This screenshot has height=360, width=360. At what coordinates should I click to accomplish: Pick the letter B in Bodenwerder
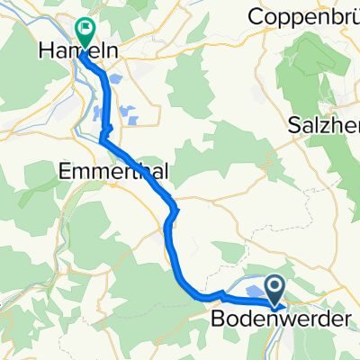(x=217, y=319)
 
